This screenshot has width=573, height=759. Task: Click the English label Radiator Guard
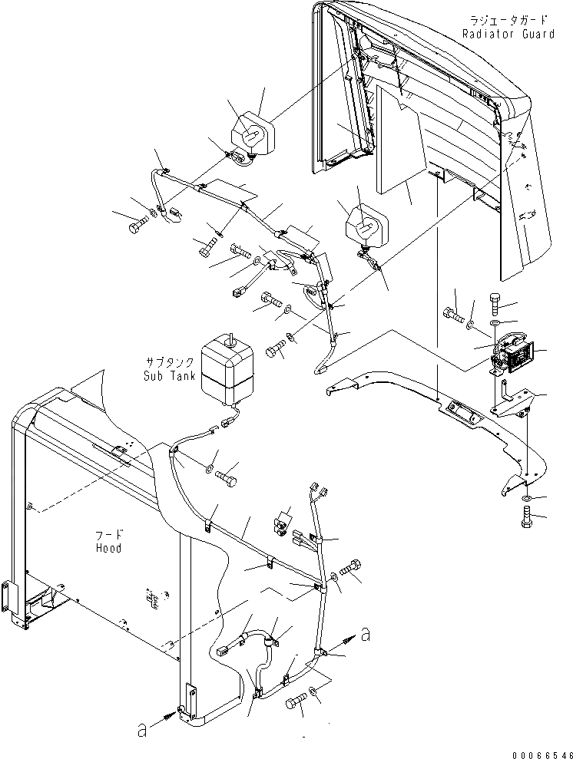(x=508, y=34)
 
